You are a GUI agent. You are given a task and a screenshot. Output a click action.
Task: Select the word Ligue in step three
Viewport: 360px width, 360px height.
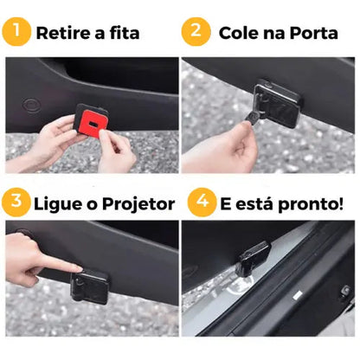point(61,205)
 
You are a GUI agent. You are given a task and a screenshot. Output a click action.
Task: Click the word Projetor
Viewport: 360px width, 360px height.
point(138,205)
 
